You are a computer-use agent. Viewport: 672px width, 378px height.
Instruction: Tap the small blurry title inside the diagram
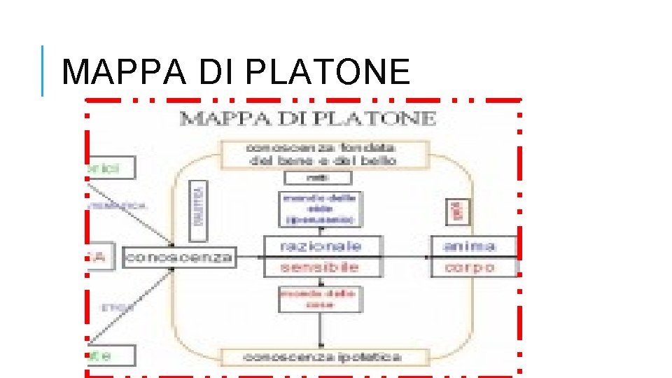coord(308,118)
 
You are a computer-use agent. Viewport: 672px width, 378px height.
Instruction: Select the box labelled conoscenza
coord(178,257)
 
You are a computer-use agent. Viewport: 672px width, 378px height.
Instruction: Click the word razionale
coord(321,246)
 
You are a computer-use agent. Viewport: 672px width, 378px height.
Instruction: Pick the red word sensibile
coord(320,267)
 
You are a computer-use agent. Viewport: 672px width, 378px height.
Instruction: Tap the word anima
coord(470,246)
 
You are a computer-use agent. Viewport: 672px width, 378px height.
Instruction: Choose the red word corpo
coord(470,267)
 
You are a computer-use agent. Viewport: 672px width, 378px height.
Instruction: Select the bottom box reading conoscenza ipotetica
coord(322,357)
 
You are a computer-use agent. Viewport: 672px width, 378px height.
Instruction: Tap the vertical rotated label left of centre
coord(199,204)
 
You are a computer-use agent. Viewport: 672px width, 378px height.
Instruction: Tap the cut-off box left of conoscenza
coord(98,257)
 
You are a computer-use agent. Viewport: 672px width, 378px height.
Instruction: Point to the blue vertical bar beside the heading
coord(43,71)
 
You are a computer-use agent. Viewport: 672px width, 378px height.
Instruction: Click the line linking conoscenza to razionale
coord(248,257)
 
